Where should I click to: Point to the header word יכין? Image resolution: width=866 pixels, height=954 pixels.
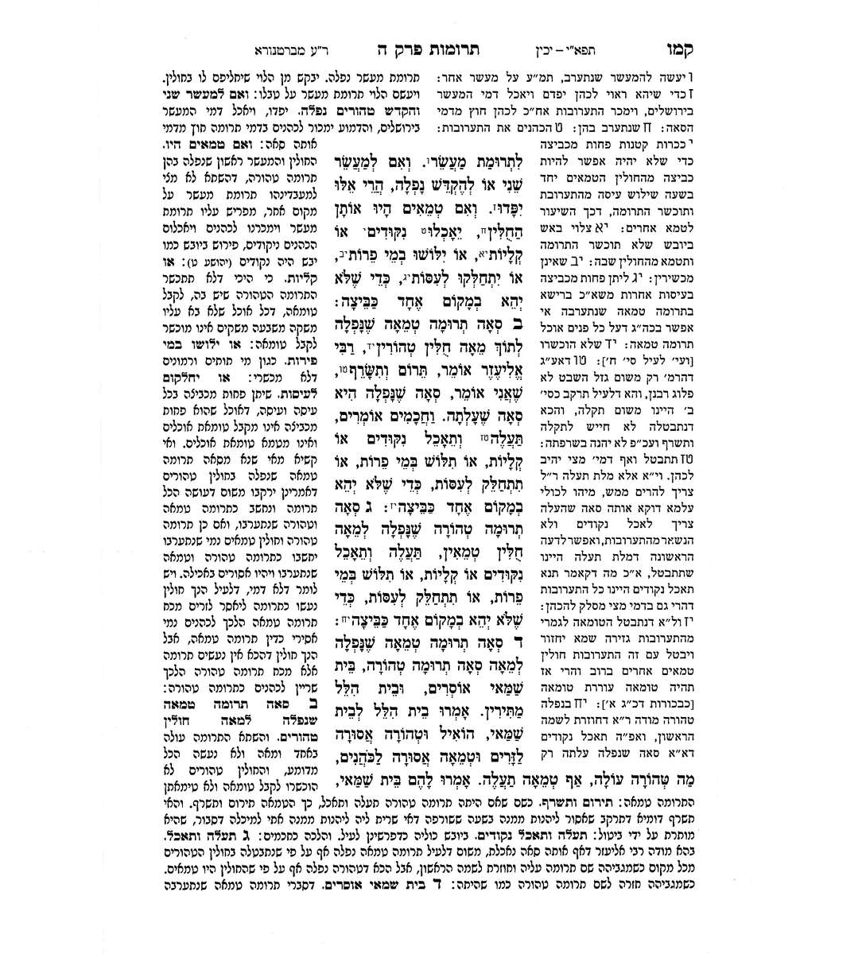tap(587, 48)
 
